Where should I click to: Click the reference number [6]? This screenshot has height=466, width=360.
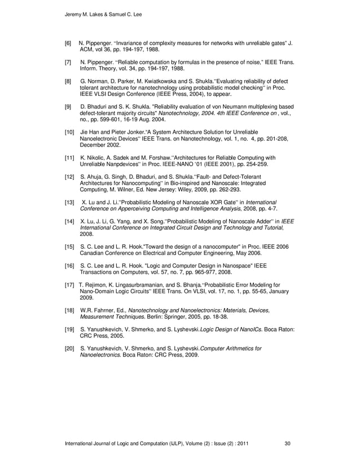tap(68, 43)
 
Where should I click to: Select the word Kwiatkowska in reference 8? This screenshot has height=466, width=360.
tap(167, 81)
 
